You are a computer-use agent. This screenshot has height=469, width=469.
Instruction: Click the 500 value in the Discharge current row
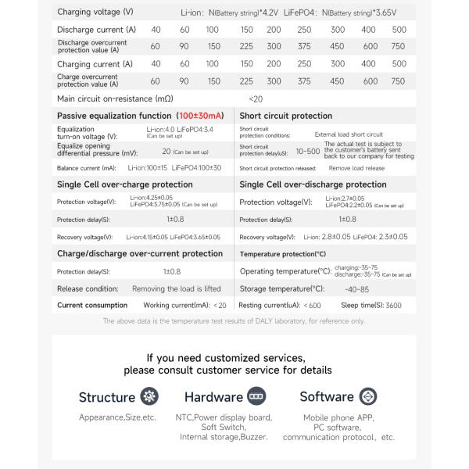(x=398, y=30)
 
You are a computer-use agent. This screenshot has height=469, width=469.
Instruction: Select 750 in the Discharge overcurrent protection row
(x=398, y=47)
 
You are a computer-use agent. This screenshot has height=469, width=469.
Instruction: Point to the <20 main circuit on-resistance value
(x=256, y=99)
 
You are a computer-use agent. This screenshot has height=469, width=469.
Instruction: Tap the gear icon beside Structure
(x=148, y=396)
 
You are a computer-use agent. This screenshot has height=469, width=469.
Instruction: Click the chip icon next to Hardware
(x=256, y=396)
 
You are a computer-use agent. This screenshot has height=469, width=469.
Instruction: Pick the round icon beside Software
(x=367, y=396)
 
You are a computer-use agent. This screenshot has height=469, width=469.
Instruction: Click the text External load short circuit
(x=349, y=134)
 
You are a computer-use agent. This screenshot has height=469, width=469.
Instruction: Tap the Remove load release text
(x=356, y=168)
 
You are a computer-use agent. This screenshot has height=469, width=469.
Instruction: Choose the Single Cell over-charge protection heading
(x=125, y=184)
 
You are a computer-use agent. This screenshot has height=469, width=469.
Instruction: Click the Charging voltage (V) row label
(x=95, y=12)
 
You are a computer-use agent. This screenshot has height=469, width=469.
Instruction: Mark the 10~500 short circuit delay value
(x=308, y=152)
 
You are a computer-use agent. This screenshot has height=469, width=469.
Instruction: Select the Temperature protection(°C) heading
(x=283, y=254)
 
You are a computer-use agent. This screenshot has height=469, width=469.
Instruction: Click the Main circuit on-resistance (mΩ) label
(x=115, y=99)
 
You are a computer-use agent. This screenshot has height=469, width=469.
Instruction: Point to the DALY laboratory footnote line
(x=234, y=320)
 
